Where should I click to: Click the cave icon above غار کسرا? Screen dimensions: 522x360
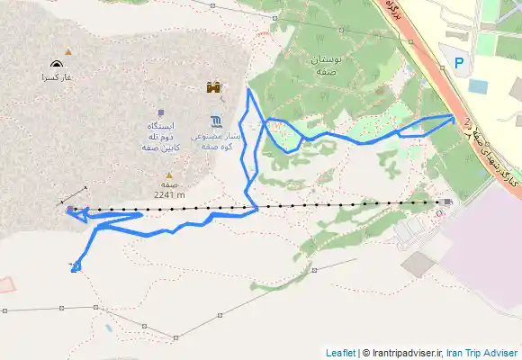click(x=58, y=65)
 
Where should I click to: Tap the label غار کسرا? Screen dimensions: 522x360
click(x=55, y=78)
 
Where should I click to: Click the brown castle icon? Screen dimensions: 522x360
click(x=214, y=88)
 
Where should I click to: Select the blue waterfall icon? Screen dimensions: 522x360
click(x=217, y=121)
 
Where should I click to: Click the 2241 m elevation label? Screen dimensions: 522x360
click(x=169, y=193)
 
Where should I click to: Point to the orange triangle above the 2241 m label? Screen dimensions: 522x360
click(x=167, y=176)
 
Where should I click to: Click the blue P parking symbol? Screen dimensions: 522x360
click(x=459, y=63)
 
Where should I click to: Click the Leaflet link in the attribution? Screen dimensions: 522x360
click(x=341, y=353)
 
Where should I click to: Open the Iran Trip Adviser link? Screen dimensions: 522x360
click(x=484, y=353)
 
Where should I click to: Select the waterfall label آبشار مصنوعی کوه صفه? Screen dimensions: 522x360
click(x=218, y=139)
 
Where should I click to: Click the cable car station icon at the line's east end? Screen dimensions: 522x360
click(x=438, y=202)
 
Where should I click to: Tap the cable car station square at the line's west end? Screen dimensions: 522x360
click(x=71, y=211)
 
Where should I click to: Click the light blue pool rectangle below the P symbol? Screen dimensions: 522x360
click(x=477, y=86)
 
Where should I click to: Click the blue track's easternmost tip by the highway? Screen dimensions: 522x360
click(x=453, y=116)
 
